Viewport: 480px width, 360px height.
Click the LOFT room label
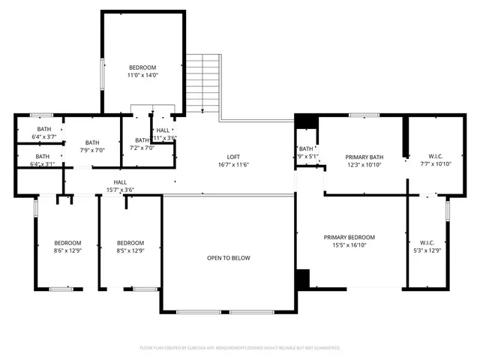[232, 157]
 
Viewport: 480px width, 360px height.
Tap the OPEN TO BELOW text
[229, 258]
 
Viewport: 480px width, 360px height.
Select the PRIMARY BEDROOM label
[349, 237]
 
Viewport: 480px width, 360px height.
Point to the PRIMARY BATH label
[364, 157]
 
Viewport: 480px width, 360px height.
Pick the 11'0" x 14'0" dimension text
[142, 75]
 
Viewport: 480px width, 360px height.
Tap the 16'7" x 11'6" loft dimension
[232, 164]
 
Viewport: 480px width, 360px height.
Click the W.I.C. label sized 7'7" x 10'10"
[432, 156]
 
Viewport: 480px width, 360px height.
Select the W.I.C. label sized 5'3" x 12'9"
[427, 242]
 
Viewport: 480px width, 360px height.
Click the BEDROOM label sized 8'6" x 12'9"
[67, 242]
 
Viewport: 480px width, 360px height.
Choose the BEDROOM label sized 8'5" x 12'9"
[130, 242]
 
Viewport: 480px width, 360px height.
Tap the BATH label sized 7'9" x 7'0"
[92, 142]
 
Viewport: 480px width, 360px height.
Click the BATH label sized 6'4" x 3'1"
[42, 156]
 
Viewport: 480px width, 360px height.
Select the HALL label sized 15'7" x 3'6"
[120, 182]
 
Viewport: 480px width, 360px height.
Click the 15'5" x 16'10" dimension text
[349, 244]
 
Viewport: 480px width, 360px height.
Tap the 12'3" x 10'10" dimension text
[364, 164]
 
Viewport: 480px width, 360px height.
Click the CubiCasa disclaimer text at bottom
[240, 348]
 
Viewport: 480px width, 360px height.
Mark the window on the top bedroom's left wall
[103, 73]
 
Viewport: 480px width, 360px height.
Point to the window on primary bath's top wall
[364, 115]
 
